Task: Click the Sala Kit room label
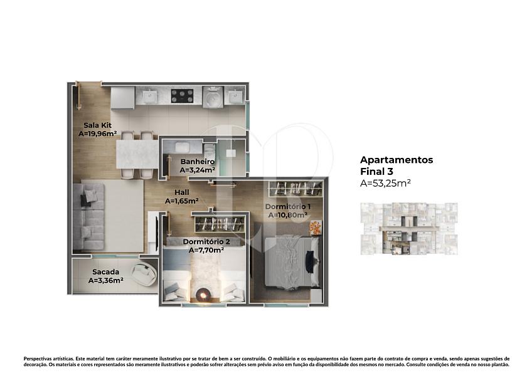(97, 125)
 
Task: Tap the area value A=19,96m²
(98, 133)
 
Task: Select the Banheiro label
(198, 162)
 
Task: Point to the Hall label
(182, 192)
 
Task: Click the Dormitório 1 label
(288, 206)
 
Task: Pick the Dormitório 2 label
(206, 242)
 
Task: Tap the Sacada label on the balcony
(106, 272)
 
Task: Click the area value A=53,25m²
(385, 183)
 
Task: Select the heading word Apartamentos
(396, 160)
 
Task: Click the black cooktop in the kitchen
(182, 96)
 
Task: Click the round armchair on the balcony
(144, 274)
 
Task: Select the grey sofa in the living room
(88, 216)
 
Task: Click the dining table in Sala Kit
(137, 154)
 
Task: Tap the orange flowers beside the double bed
(315, 227)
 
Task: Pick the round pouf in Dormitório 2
(204, 295)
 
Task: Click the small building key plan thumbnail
(409, 229)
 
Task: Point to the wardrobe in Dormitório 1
(295, 189)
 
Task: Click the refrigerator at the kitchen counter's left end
(122, 98)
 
